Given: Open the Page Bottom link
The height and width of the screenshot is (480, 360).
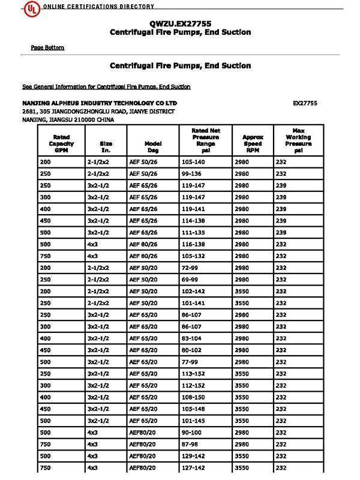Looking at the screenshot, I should [x=47, y=47].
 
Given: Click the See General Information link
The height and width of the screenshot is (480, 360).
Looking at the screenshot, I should [x=106, y=86].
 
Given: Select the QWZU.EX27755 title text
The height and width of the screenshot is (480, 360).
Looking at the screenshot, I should [x=180, y=23].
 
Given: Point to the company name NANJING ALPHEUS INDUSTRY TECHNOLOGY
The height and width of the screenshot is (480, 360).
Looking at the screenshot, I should [x=100, y=103].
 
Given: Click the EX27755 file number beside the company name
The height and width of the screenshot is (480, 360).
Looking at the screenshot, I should [x=305, y=103].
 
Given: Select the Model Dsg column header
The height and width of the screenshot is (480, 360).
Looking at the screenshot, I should [x=153, y=144].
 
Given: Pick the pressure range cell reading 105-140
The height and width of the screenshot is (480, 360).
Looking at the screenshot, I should [x=193, y=163].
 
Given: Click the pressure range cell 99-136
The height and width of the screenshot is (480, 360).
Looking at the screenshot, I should [x=191, y=174].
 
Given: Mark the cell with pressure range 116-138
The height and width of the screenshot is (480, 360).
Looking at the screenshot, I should [x=193, y=245].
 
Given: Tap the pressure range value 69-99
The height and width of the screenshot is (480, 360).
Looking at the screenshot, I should [x=190, y=280].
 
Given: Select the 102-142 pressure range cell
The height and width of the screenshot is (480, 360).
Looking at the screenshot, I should [x=193, y=292].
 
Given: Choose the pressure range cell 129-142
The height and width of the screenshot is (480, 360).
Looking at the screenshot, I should [x=193, y=456].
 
